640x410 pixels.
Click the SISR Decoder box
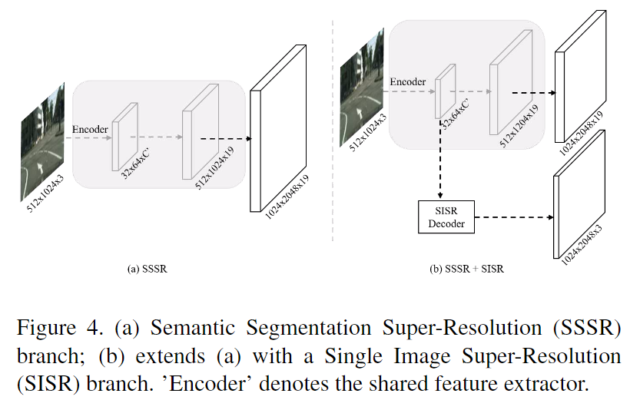446,217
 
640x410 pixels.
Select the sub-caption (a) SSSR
148,269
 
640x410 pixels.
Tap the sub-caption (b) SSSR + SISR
466,269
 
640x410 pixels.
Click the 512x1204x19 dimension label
519,126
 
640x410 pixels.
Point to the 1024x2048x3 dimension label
582,245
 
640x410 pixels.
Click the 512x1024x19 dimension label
214,168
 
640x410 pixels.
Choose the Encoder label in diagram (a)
90,129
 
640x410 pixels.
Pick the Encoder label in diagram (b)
408,82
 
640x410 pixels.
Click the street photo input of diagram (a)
42,142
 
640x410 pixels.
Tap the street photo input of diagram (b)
362,88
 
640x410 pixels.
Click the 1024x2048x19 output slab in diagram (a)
278,128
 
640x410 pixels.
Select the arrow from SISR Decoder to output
514,217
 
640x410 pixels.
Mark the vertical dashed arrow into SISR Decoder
440,159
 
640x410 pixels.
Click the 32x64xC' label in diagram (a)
135,164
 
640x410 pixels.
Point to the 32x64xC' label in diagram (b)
455,114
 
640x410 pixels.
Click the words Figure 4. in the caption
60,328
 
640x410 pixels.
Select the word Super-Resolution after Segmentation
462,328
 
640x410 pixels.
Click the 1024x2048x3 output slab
579,194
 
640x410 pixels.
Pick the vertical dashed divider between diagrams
333,131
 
